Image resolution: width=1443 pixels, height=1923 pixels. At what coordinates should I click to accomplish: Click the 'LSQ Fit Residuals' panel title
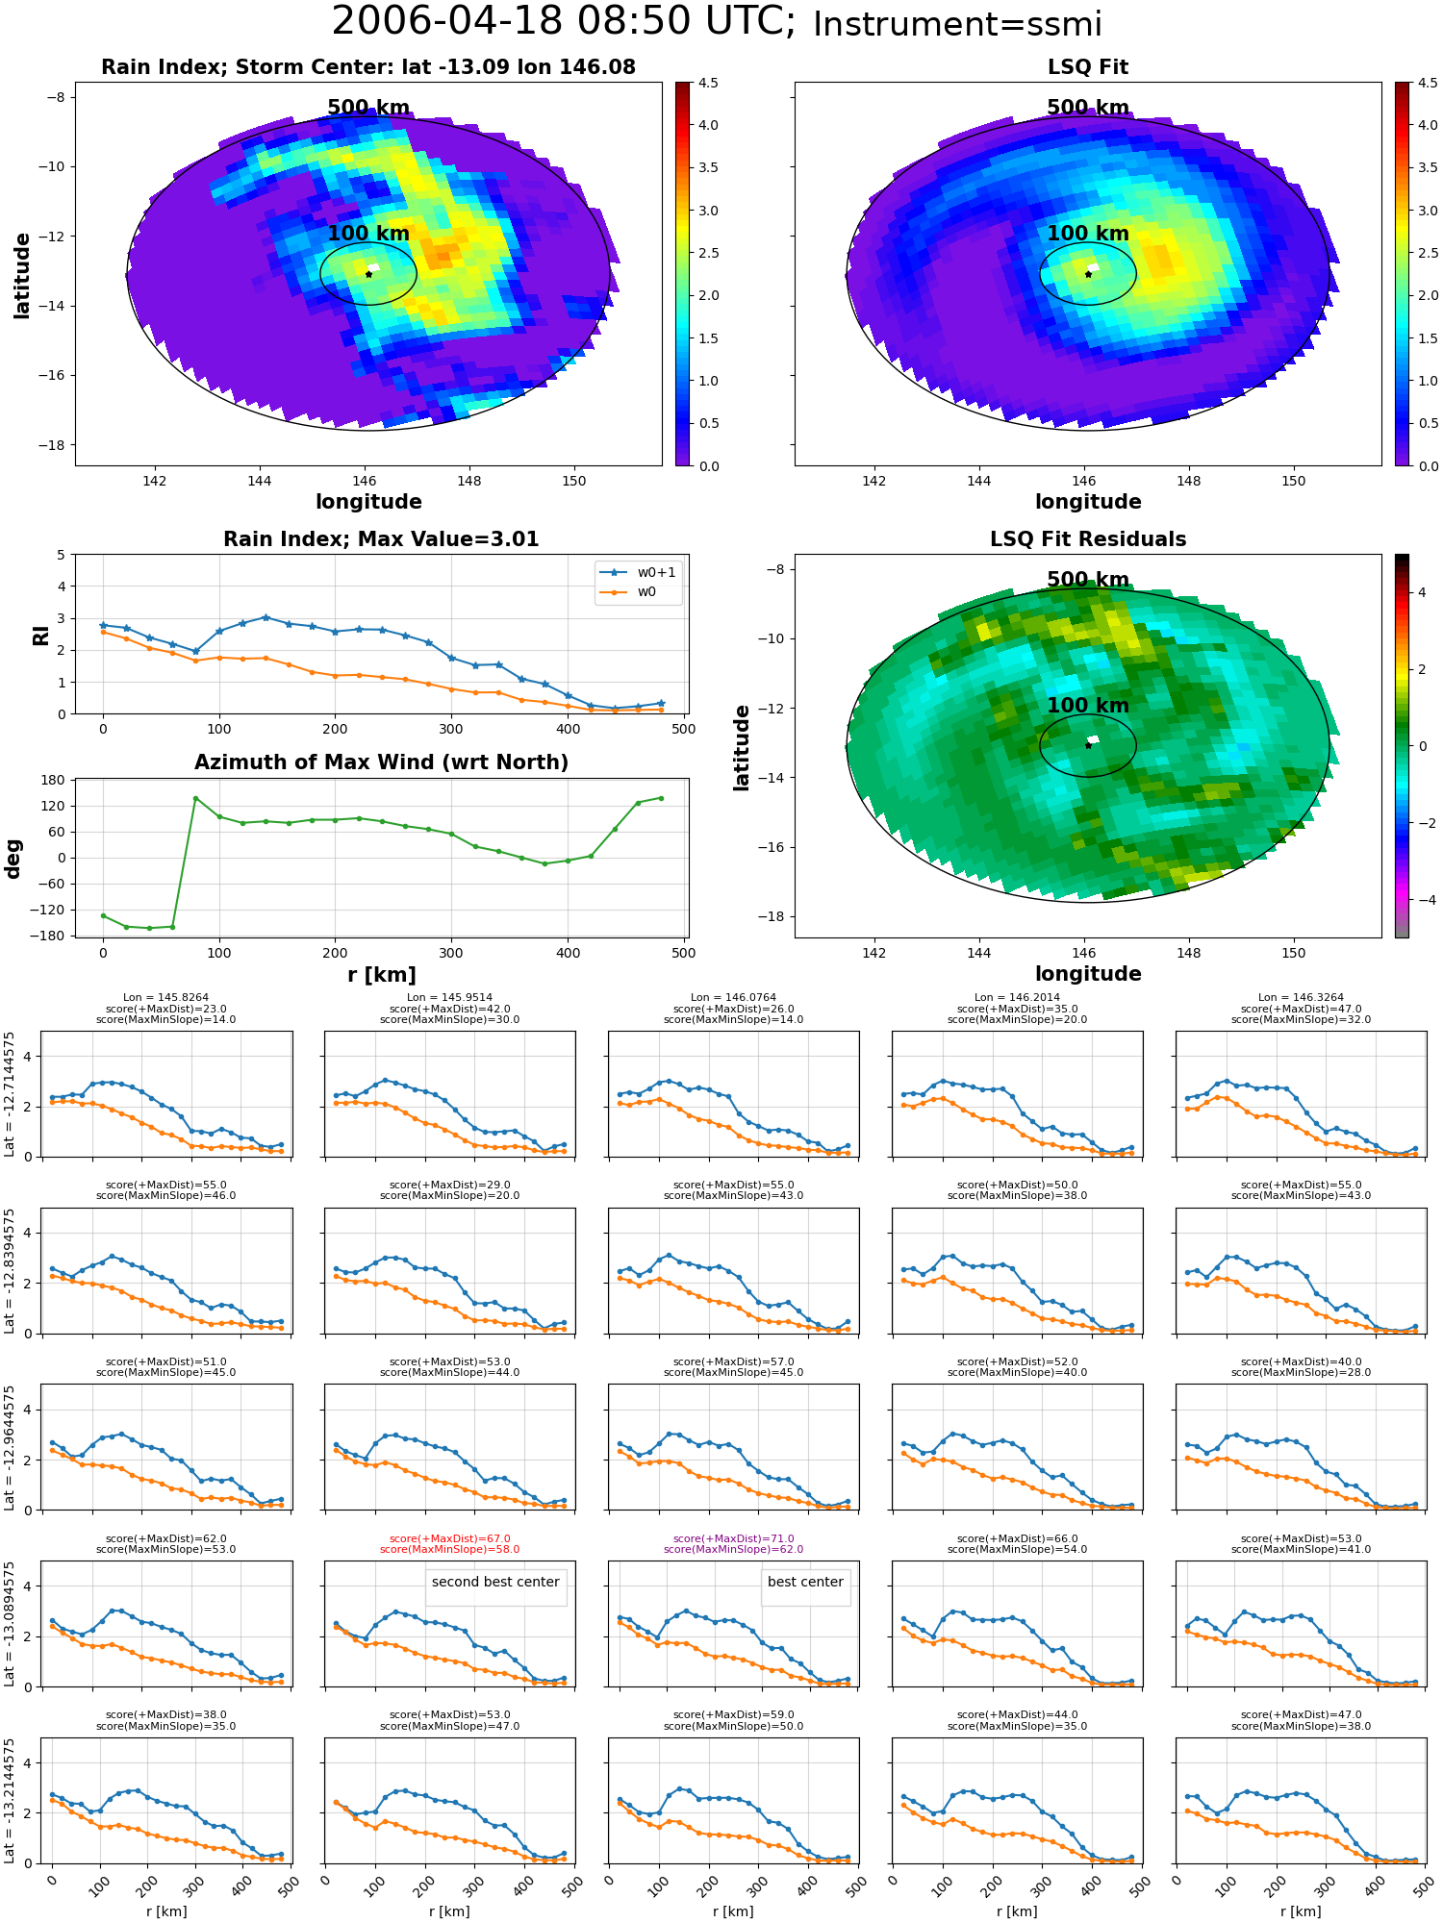coord(1088,539)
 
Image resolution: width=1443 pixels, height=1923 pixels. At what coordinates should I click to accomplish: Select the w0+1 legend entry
coord(639,572)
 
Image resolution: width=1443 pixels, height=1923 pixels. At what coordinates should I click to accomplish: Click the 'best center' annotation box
coord(805,1582)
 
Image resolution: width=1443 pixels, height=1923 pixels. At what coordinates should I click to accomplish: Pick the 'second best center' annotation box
coord(495,1582)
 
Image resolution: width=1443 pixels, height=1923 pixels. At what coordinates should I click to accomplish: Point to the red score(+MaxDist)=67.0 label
coord(450,1538)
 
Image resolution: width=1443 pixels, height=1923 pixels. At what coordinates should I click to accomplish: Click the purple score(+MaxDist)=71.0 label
coord(734,1538)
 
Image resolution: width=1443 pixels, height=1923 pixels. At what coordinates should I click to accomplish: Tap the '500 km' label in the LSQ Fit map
coord(1088,108)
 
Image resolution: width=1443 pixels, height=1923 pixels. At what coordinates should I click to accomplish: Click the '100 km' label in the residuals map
coord(1088,706)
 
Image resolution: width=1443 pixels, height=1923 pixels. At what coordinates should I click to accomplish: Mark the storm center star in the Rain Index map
coord(368,274)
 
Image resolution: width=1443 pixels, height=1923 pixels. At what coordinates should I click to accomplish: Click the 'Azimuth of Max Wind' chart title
coord(381,762)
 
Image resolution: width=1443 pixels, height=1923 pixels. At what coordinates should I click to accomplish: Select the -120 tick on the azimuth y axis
coord(48,910)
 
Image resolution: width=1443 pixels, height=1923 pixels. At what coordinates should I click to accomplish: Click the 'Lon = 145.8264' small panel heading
coord(165,998)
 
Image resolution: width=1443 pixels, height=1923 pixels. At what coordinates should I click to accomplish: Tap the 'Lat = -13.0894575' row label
coord(10,1624)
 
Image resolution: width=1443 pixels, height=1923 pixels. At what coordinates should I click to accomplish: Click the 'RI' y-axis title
coord(40,635)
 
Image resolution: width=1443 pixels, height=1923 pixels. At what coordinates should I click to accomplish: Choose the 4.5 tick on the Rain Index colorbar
coord(708,84)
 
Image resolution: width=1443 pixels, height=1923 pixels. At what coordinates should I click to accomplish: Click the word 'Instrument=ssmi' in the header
coord(957,25)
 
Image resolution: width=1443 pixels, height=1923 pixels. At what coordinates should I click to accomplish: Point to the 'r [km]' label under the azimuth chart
coord(381,975)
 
